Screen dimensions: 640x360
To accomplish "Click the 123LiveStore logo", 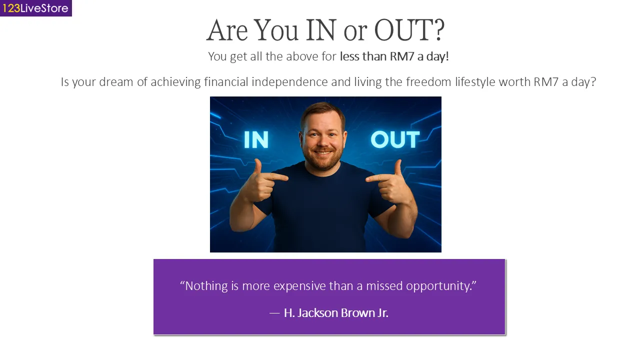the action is tap(35, 8).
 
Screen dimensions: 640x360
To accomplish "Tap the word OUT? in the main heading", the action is tap(409, 30).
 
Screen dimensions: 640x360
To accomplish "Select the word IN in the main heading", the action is tap(320, 30).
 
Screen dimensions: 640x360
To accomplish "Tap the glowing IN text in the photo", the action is tap(256, 139).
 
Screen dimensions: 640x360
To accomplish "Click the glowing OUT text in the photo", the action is tap(395, 139).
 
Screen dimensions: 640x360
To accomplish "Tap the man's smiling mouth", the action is tap(323, 152).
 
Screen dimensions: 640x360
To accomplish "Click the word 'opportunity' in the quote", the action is tap(438, 286).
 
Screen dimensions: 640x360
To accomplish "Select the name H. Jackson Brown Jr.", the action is tap(336, 313).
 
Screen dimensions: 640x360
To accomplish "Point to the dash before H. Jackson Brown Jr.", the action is tap(274, 313).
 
